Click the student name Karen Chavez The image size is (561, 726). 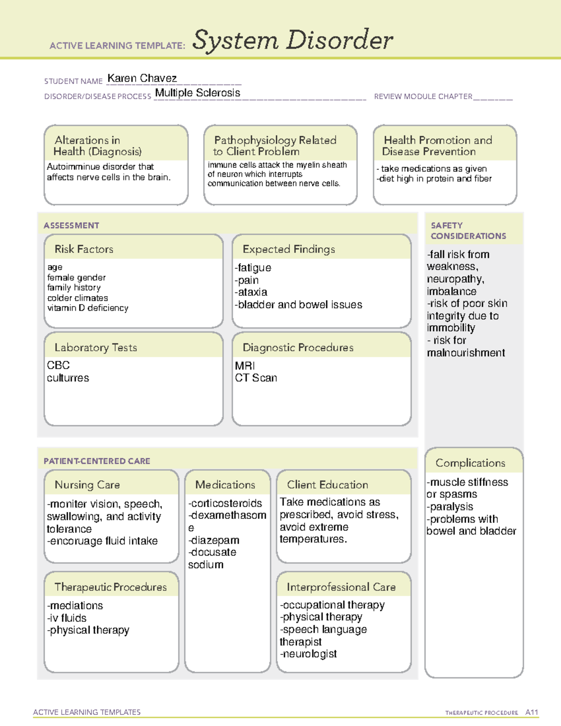click(142, 78)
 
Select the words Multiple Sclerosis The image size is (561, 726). click(197, 93)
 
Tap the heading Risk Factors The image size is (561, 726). click(84, 249)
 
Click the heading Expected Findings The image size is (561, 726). click(288, 249)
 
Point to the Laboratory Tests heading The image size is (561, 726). click(95, 347)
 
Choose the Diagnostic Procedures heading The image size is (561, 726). click(298, 347)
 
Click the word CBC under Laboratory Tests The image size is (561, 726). click(58, 365)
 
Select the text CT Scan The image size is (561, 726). click(256, 378)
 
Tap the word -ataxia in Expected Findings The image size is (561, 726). click(251, 292)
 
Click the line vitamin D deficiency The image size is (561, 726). click(87, 308)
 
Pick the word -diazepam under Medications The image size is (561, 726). click(214, 540)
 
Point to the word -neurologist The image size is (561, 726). click(308, 654)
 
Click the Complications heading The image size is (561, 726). click(470, 463)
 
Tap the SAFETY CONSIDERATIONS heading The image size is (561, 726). click(468, 230)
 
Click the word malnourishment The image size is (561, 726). click(466, 353)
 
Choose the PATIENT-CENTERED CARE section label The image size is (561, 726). click(97, 461)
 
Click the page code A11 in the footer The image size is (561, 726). click(532, 712)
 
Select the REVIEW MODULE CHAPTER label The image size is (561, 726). click(423, 96)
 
